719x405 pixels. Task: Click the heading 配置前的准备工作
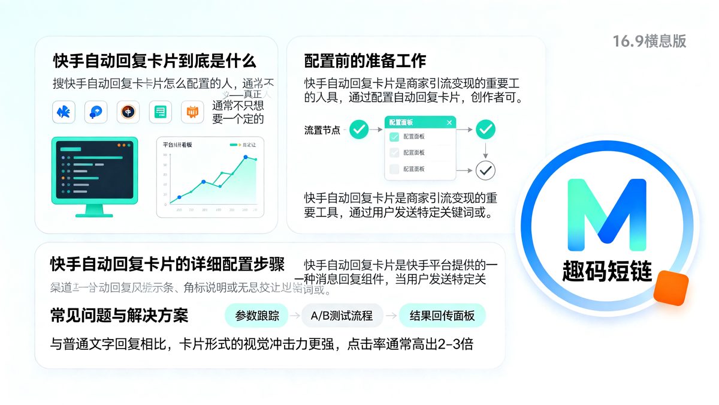365,61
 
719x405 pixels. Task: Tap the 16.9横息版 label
649,41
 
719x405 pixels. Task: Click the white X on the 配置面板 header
449,122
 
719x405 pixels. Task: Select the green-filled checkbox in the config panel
394,137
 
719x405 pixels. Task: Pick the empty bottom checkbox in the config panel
394,169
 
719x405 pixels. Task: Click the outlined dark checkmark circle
485,170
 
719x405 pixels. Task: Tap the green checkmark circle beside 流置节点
359,129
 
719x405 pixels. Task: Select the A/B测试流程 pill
342,316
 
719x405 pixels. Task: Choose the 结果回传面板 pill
442,316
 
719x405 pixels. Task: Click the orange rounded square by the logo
670,288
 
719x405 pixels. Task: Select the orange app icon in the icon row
192,112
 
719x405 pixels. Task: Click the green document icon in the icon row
160,112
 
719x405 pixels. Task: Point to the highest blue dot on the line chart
246,157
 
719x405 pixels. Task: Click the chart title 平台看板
177,145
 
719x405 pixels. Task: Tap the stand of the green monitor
94,210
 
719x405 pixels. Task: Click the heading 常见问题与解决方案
119,316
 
